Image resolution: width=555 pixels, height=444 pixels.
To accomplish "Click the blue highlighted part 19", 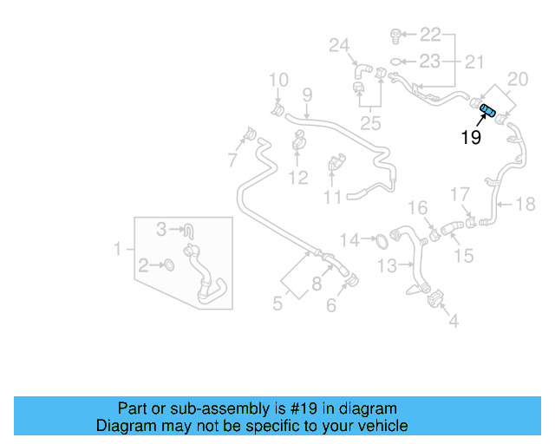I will [487, 109].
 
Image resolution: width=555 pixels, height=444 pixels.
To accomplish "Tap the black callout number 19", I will [470, 137].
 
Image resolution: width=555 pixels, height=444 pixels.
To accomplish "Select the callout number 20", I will [517, 80].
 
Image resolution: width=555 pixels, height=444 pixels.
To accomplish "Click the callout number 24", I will [338, 45].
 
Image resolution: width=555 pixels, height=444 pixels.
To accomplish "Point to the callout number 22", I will [431, 35].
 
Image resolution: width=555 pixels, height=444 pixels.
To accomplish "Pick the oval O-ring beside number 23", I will [395, 62].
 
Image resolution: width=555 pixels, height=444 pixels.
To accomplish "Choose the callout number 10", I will [277, 81].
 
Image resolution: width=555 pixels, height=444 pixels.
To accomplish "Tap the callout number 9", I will [306, 94].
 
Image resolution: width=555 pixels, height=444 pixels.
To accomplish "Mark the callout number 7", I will [232, 160].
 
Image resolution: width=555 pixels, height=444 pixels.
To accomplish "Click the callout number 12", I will [297, 179].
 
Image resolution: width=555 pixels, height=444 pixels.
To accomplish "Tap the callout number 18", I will [526, 205].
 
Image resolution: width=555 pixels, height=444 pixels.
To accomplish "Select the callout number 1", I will [118, 250].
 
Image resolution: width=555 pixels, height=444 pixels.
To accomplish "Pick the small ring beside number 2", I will [170, 264].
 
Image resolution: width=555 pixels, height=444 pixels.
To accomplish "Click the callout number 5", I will [277, 304].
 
